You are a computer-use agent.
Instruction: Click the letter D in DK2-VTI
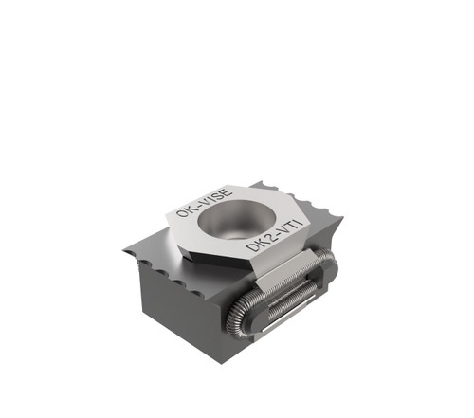(252, 246)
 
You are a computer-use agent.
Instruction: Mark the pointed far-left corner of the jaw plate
(125, 249)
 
